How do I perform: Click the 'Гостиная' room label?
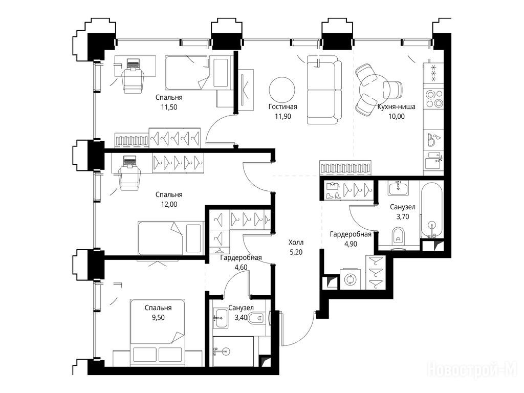click(x=282, y=106)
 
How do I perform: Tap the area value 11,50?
click(x=169, y=107)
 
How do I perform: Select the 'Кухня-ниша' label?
click(x=397, y=106)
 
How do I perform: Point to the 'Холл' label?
click(x=296, y=242)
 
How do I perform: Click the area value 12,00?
click(x=169, y=205)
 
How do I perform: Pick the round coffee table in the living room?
click(x=282, y=91)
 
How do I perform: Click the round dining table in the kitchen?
click(x=373, y=89)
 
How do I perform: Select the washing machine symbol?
click(x=351, y=279)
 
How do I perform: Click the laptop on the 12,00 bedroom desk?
click(x=128, y=161)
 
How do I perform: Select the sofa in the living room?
click(x=324, y=90)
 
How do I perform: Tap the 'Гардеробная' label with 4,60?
click(x=241, y=258)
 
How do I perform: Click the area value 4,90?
click(x=351, y=244)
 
